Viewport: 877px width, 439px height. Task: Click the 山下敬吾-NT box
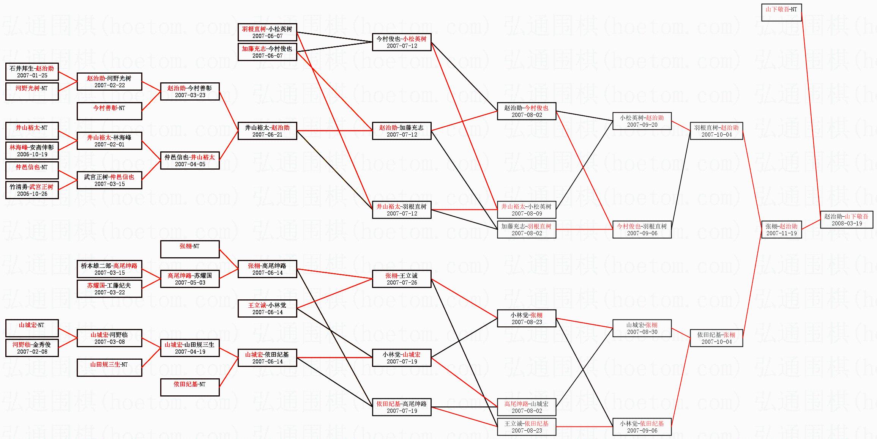781,12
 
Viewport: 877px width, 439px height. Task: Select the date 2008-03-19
847,223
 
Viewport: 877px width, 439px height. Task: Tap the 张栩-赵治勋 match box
781,229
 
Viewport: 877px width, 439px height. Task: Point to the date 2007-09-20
642,125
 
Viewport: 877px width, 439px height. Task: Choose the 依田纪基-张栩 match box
716,338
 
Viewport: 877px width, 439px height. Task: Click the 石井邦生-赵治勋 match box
32,71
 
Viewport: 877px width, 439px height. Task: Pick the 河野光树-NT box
32,91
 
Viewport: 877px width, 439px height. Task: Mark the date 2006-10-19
32,154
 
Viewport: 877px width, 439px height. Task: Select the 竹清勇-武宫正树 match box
32,190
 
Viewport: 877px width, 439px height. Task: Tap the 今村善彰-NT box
109,111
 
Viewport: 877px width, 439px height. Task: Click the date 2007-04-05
190,164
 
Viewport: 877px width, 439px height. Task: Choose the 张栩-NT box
189,249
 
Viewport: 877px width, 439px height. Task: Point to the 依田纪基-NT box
189,387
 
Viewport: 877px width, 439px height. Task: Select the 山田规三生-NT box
109,367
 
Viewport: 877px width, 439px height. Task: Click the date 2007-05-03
190,283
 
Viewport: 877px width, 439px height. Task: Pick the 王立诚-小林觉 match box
267,308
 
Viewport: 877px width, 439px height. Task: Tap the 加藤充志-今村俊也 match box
267,52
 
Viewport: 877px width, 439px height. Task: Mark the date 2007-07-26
402,283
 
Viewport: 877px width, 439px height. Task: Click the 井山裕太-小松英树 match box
526,209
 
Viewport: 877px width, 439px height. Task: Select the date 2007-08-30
642,332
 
